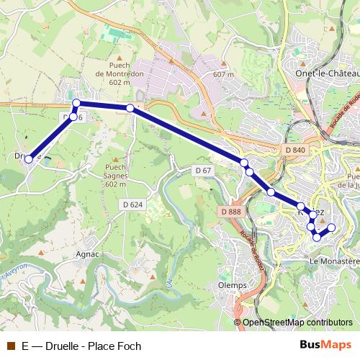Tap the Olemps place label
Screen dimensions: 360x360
232,285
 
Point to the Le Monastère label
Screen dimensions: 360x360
333,261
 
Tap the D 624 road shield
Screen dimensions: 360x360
133,205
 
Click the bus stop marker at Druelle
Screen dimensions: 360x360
29,159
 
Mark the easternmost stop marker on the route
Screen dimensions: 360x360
332,228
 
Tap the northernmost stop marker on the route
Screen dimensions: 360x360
76,103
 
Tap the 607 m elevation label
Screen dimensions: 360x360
224,74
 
